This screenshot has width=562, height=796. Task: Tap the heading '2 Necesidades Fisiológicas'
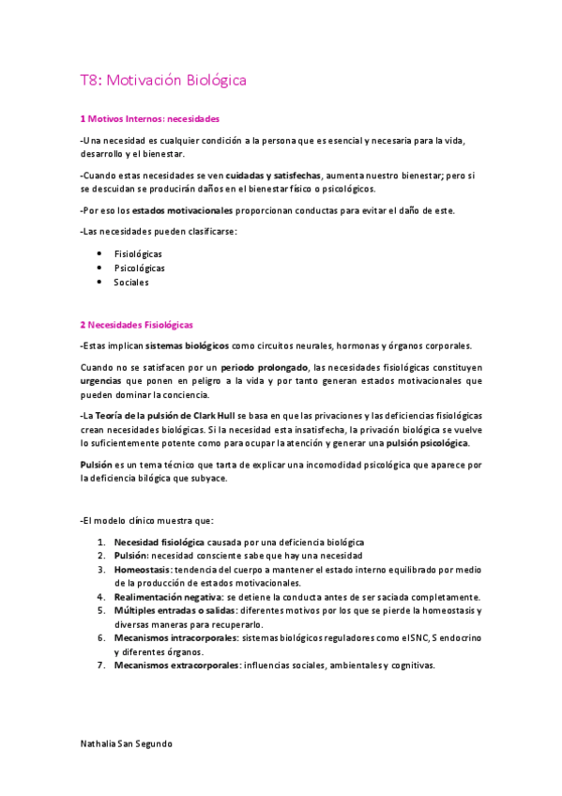(136, 325)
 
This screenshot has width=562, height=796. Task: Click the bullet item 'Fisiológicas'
(138, 253)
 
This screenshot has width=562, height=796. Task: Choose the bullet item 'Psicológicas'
(139, 268)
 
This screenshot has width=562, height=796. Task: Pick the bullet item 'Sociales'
(131, 282)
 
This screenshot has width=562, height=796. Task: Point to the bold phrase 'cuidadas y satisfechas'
(275, 175)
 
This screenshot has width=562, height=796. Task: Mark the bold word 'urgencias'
(100, 380)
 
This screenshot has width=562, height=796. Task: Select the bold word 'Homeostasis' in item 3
(142, 569)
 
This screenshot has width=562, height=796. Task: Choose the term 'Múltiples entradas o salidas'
(175, 610)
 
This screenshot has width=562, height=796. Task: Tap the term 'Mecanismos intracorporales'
(175, 637)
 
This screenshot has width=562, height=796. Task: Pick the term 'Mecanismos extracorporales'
(175, 665)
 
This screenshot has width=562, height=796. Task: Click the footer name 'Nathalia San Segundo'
(127, 742)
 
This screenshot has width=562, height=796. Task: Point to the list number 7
(100, 665)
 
